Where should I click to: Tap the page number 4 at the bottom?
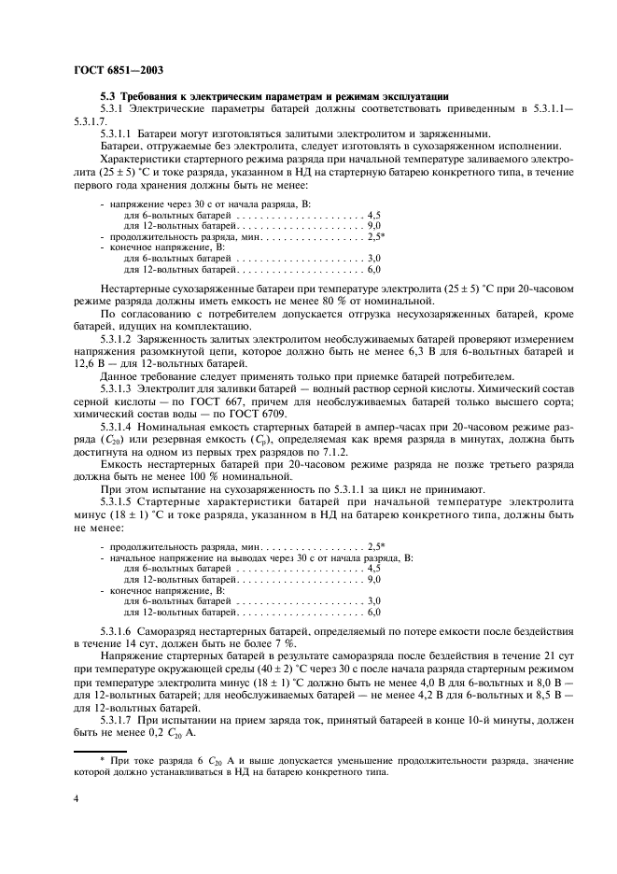tap(77, 799)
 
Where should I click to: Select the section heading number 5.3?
tap(109, 96)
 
